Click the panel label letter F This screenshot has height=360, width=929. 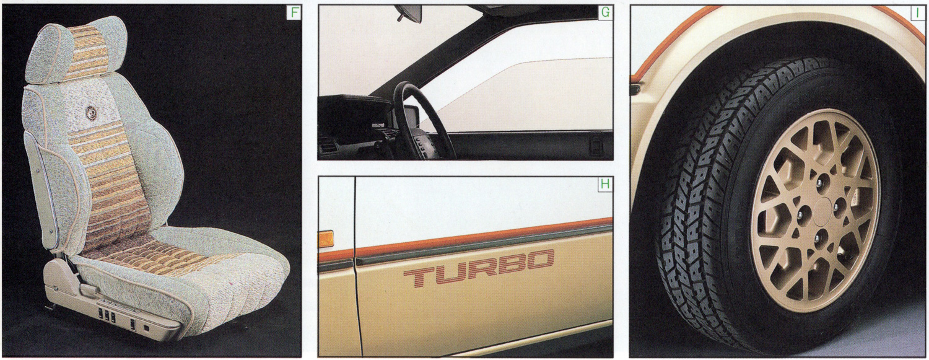[294, 12]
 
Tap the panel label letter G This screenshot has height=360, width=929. [606, 12]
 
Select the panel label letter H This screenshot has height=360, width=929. [605, 184]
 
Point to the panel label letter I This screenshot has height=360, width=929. [918, 13]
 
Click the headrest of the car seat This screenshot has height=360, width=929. [77, 49]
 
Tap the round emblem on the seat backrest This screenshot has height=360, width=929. [91, 113]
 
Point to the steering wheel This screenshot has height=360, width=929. [419, 120]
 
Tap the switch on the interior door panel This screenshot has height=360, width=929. [596, 144]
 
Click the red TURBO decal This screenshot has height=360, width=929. [479, 267]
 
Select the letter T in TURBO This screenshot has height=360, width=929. [419, 276]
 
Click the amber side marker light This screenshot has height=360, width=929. [326, 239]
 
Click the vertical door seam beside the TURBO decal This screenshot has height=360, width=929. [357, 265]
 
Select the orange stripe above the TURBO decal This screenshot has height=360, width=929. [465, 239]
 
